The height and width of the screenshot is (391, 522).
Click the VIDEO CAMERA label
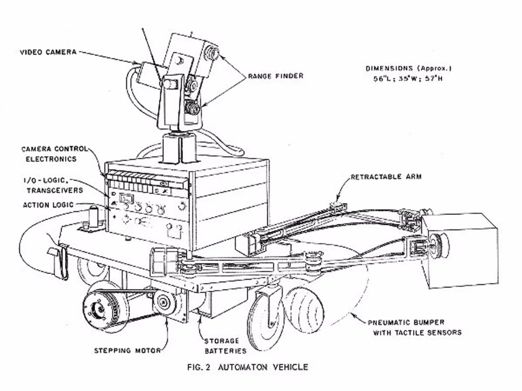[48, 52]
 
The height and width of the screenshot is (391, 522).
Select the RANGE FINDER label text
[276, 76]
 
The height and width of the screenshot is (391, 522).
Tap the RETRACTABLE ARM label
[386, 177]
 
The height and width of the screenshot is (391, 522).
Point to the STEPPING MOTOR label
[127, 350]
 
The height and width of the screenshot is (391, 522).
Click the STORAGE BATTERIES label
[226, 346]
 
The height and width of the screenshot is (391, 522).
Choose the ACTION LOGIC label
[48, 205]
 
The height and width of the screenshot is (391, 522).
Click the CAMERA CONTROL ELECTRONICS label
[54, 154]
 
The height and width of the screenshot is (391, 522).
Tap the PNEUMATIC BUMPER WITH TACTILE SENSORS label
[414, 327]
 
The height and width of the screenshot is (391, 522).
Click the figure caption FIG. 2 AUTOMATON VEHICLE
[248, 367]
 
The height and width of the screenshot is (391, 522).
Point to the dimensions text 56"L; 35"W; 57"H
[408, 79]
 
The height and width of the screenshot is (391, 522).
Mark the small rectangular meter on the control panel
[126, 199]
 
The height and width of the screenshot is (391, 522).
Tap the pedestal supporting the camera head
[179, 148]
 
